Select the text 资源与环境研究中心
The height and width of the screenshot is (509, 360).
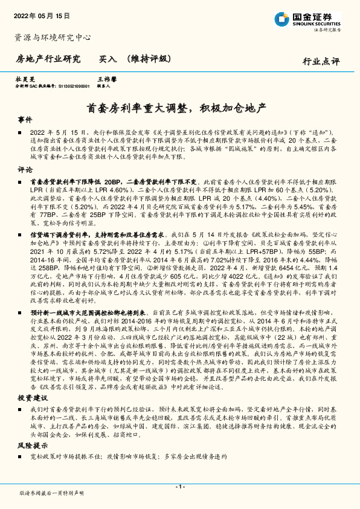(53, 37)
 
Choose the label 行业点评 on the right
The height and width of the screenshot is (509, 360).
(321, 61)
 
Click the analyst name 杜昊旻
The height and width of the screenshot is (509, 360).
(22, 79)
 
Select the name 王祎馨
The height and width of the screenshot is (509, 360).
(106, 79)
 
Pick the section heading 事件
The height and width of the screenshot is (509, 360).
(24, 120)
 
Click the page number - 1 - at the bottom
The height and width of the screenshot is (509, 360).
(180, 486)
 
